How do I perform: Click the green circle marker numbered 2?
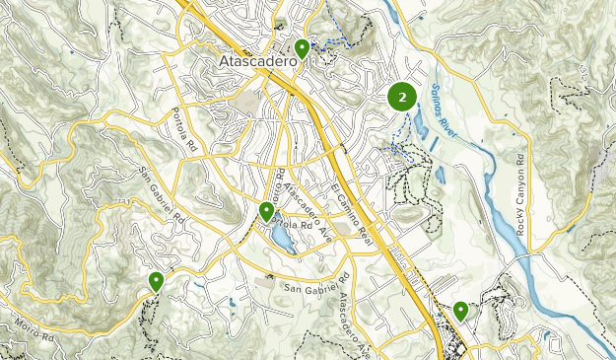pyautogui.click(x=402, y=98)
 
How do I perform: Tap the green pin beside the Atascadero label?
pyautogui.click(x=303, y=47)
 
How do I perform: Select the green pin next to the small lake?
pyautogui.click(x=266, y=211)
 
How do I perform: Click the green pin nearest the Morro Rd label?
pyautogui.click(x=156, y=281)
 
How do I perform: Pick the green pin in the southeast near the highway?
pyautogui.click(x=460, y=311)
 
